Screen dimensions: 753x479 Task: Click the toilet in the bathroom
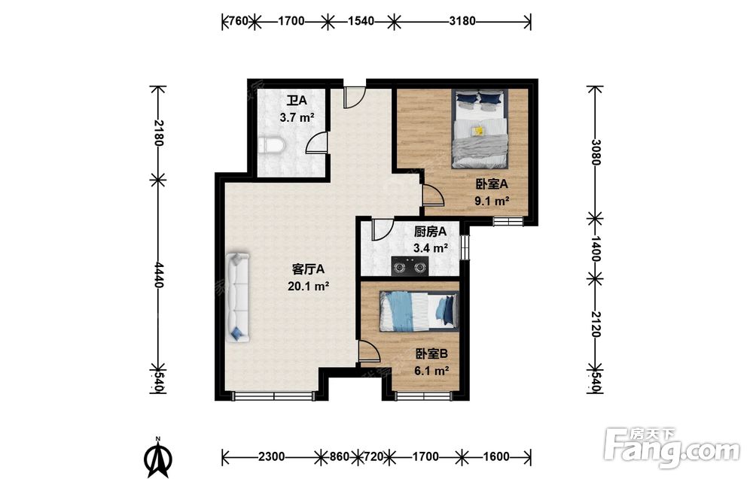point(273,146)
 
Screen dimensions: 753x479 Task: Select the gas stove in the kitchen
point(410,267)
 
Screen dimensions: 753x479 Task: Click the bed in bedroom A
point(480,129)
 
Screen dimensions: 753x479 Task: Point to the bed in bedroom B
point(419,311)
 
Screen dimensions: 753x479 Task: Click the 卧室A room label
point(492,183)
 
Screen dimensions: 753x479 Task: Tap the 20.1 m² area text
point(308,286)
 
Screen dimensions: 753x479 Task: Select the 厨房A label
point(430,232)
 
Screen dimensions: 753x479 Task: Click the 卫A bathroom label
point(297,101)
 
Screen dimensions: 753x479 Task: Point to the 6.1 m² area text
point(431,371)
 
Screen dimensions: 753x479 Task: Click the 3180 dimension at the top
point(462,20)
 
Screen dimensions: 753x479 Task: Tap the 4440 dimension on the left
point(159,274)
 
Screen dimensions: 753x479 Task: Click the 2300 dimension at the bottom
point(271,456)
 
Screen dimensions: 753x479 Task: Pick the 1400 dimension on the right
point(596,248)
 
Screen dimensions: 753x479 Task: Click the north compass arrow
point(157,457)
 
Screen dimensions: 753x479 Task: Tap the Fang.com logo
point(672,448)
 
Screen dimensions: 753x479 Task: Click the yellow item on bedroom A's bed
point(478,130)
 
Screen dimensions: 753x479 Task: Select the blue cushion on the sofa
point(237,333)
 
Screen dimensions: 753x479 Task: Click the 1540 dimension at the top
point(360,20)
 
